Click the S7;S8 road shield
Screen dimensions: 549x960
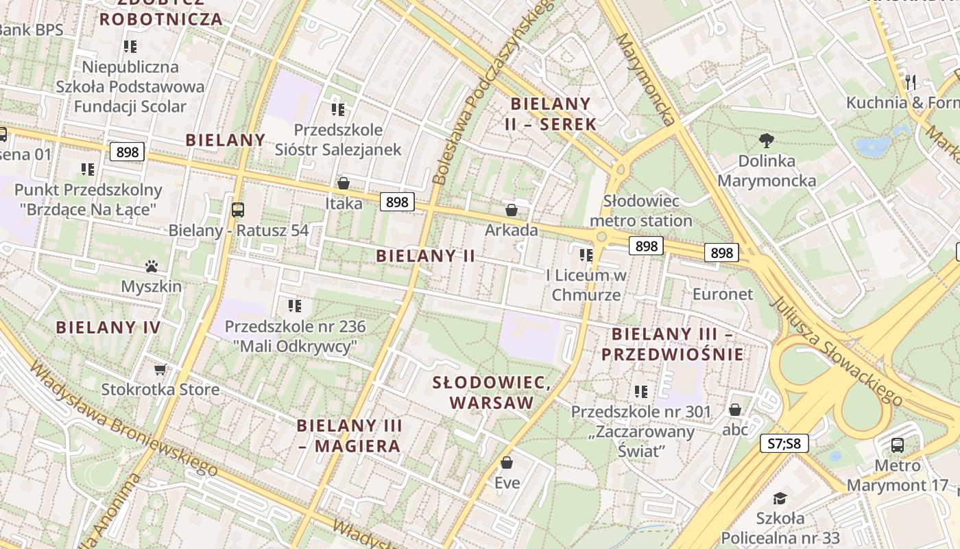click(x=784, y=443)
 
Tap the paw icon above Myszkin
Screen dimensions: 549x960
click(x=152, y=266)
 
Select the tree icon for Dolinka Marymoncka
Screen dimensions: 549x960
click(x=767, y=141)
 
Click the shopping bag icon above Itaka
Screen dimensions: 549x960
click(x=344, y=183)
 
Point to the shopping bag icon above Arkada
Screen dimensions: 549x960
click(x=512, y=210)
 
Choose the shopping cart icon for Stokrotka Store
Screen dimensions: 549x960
click(x=160, y=370)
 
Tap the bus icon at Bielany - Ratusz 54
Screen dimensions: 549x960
click(x=238, y=210)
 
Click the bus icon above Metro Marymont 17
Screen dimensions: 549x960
click(x=897, y=445)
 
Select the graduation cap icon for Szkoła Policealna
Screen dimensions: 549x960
click(x=780, y=498)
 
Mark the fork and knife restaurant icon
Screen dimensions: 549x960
click(x=911, y=82)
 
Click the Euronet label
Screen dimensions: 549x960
click(x=723, y=294)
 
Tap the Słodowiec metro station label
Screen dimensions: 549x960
click(x=641, y=211)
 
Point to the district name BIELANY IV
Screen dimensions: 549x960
click(x=108, y=327)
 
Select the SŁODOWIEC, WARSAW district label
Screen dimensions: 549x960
click(x=492, y=393)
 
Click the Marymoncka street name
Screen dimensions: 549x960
click(x=645, y=79)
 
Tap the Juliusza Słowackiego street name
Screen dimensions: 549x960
click(x=836, y=350)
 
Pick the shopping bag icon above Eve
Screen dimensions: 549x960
click(x=507, y=463)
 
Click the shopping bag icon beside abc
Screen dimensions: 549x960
click(x=735, y=410)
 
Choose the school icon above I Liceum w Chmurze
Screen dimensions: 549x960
click(x=586, y=255)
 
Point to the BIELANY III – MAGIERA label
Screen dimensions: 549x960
click(x=350, y=436)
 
